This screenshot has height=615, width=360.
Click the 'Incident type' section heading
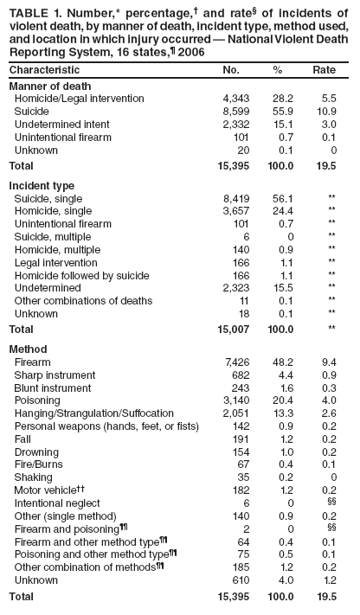41,185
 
